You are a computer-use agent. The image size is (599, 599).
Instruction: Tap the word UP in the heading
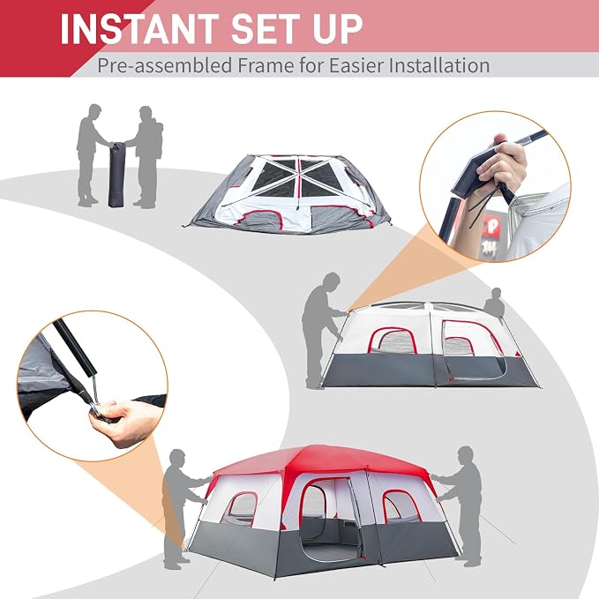click(x=337, y=29)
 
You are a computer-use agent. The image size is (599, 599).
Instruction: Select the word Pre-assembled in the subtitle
click(x=164, y=65)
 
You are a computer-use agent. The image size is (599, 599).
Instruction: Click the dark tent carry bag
click(x=116, y=174)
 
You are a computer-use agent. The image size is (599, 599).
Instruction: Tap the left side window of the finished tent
click(x=242, y=509)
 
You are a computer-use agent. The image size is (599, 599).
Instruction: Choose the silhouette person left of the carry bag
click(x=91, y=154)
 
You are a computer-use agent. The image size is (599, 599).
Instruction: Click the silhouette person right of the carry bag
click(x=147, y=157)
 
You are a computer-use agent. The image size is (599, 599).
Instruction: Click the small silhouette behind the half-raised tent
click(x=495, y=303)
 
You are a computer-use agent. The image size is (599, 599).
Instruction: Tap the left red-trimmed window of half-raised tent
click(x=393, y=341)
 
